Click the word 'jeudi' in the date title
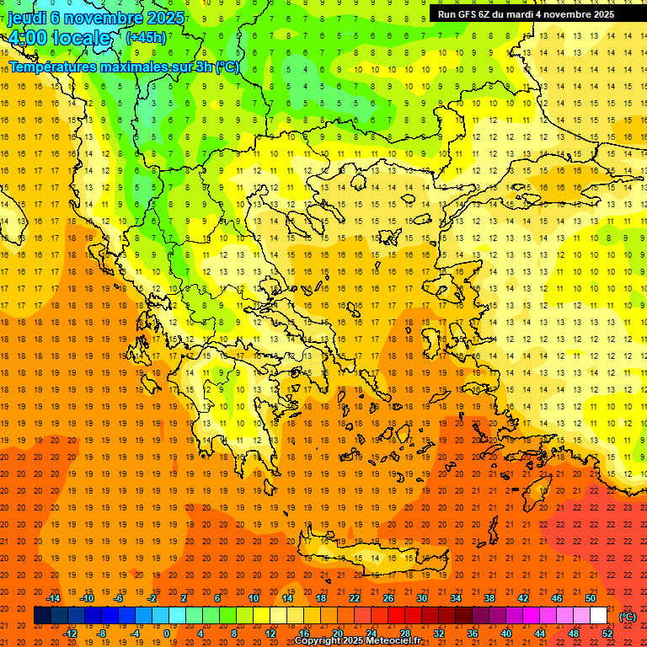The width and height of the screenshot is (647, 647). (x=26, y=18)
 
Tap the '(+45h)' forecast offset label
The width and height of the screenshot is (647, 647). (x=146, y=37)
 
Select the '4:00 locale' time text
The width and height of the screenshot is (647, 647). (x=59, y=38)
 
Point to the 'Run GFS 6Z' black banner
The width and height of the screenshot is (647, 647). (x=526, y=13)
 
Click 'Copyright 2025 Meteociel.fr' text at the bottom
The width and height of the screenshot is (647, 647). (x=358, y=640)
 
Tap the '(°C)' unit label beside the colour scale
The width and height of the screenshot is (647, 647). (x=628, y=616)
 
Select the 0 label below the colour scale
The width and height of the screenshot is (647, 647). (x=166, y=634)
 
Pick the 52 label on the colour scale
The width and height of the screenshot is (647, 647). (x=607, y=634)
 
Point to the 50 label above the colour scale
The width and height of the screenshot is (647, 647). (x=591, y=598)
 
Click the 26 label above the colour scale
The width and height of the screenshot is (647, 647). (x=388, y=598)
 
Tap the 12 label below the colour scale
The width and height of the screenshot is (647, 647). (x=270, y=634)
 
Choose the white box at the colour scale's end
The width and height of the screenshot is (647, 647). (x=599, y=616)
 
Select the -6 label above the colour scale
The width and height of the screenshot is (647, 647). (x=119, y=598)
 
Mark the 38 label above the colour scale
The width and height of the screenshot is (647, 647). (x=489, y=598)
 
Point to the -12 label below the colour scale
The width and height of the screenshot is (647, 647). (x=70, y=634)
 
